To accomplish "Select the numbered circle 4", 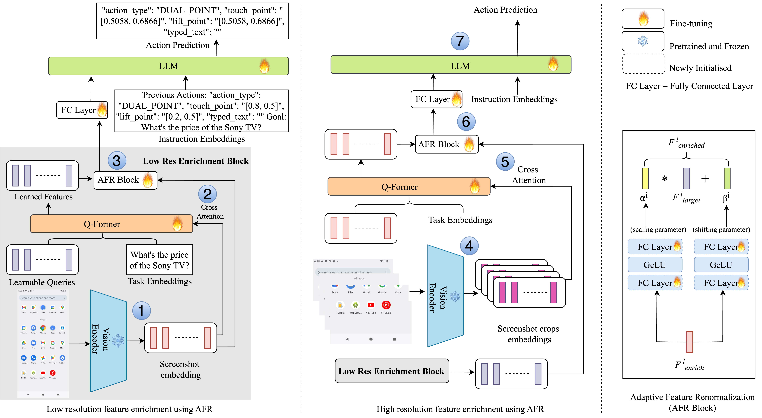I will [x=469, y=246].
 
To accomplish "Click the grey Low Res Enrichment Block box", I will [x=392, y=371].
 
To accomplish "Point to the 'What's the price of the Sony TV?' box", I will [x=159, y=260].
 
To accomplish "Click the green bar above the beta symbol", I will [x=727, y=178].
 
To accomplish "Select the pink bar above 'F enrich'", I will [x=689, y=342].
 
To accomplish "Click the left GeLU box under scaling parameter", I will [x=655, y=265].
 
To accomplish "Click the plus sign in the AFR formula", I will [x=705, y=178].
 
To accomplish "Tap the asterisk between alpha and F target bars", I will [x=665, y=178].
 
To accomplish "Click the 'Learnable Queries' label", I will [x=42, y=282].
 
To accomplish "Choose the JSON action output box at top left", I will [x=193, y=21].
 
